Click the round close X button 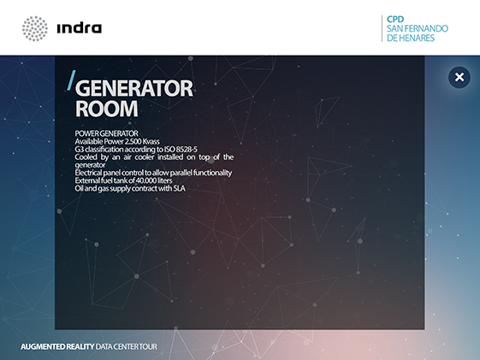coord(459,77)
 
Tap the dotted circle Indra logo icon coord(35,28)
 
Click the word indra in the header coord(80,28)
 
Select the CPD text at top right coord(395,20)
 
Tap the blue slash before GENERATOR coord(71,80)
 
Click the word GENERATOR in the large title coord(134,88)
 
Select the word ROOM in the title coord(107,109)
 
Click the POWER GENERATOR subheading coord(107,133)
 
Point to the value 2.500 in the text coord(133,141)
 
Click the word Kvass coord(151,141)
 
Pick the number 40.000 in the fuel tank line coord(145,180)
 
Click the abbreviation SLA coord(179,188)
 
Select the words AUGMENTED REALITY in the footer coord(57,346)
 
